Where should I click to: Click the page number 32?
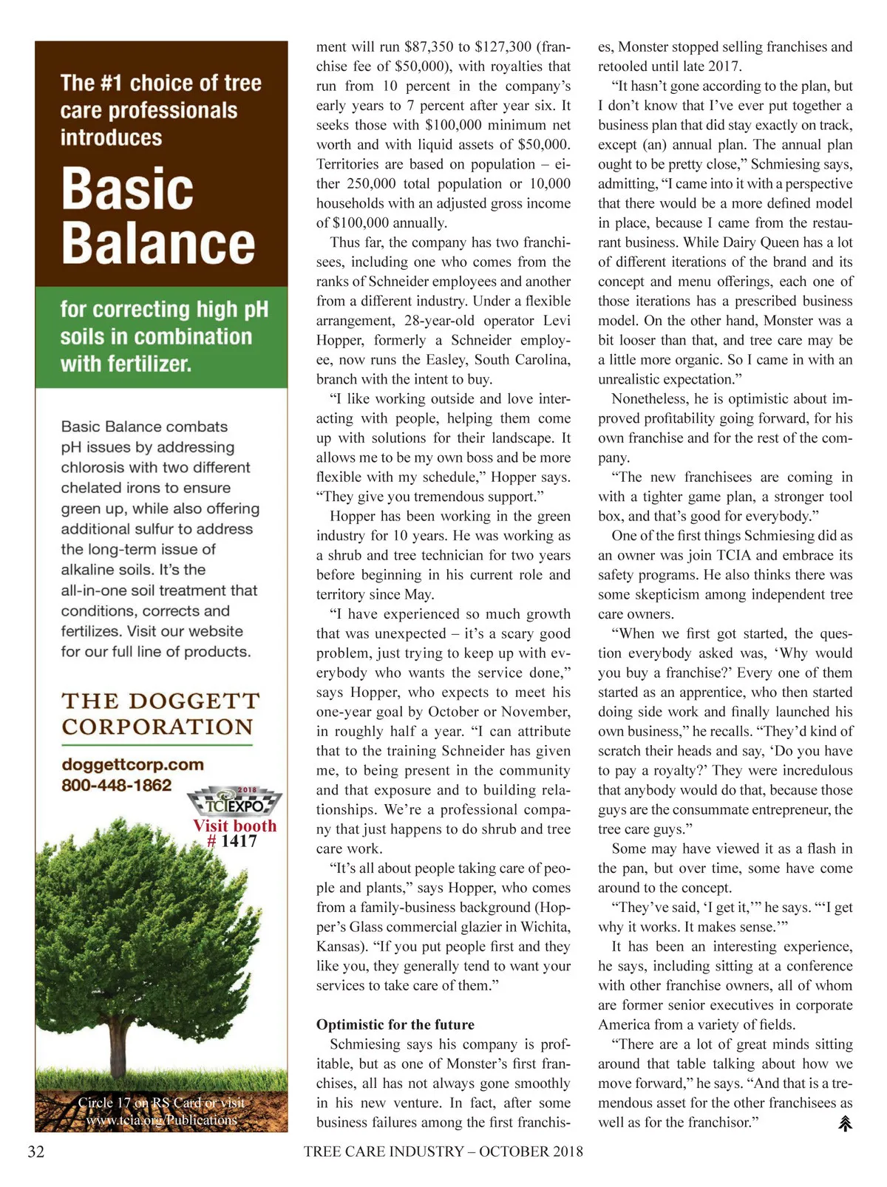point(36,1152)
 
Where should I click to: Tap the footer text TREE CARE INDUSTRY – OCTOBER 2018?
point(443,1152)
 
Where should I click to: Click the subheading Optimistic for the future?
point(395,1024)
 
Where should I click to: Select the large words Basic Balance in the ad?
point(157,216)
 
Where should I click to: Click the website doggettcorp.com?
point(132,764)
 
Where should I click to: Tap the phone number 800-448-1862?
point(116,785)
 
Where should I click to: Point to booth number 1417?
point(238,841)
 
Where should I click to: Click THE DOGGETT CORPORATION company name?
point(160,714)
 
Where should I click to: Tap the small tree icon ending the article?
point(845,1123)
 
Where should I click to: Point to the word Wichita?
point(545,927)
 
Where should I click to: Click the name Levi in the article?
point(557,321)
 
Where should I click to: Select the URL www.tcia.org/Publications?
point(161,1120)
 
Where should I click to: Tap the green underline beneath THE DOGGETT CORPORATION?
point(157,744)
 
